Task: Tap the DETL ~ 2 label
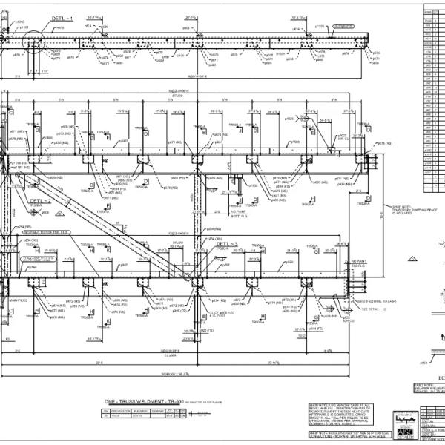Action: [x=40, y=200]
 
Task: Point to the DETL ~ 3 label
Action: [x=227, y=243]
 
